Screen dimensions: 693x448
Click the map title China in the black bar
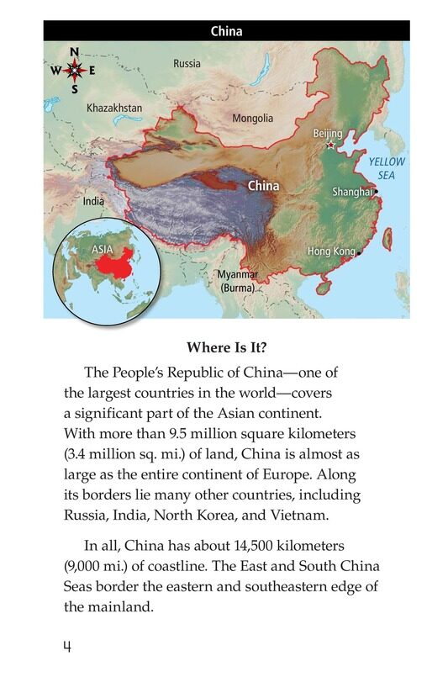click(226, 32)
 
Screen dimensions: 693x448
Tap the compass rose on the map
click(74, 70)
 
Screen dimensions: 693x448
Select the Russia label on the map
click(187, 63)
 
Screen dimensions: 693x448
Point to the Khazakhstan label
click(114, 108)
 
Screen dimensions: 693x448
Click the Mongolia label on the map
click(253, 119)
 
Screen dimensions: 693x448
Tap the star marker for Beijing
click(330, 145)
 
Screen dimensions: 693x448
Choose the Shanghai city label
click(352, 193)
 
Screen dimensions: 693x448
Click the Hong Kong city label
click(331, 251)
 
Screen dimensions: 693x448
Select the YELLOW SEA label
click(387, 168)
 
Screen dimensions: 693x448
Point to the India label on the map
click(94, 202)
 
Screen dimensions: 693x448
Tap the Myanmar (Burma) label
click(238, 281)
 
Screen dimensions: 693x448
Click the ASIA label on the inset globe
click(103, 249)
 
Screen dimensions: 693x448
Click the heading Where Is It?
click(226, 346)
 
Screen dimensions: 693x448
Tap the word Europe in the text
click(261, 474)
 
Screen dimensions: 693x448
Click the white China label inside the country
click(264, 186)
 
